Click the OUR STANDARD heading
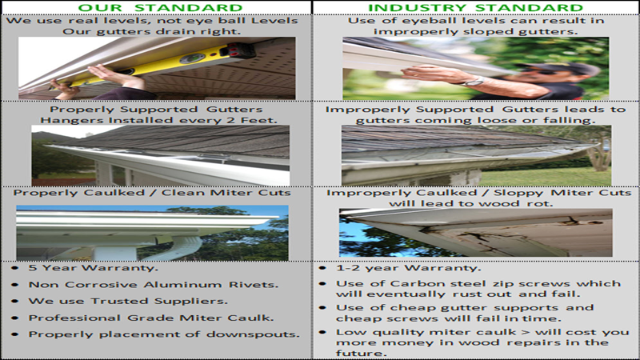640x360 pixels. click(161, 8)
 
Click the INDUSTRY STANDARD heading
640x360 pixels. click(475, 8)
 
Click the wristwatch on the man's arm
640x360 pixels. click(474, 82)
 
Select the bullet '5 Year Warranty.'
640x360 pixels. click(93, 268)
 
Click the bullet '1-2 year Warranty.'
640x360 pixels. click(409, 268)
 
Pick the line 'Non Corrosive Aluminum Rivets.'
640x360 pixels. click(154, 285)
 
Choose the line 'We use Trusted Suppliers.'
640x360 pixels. click(128, 302)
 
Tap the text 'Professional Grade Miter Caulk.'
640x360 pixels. click(151, 318)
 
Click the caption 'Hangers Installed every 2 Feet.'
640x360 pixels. click(158, 121)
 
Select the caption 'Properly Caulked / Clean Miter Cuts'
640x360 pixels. click(152, 193)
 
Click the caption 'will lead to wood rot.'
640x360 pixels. click(470, 203)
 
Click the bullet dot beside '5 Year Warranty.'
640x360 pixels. click(15, 268)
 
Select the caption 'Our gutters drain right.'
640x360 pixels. click(151, 31)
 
